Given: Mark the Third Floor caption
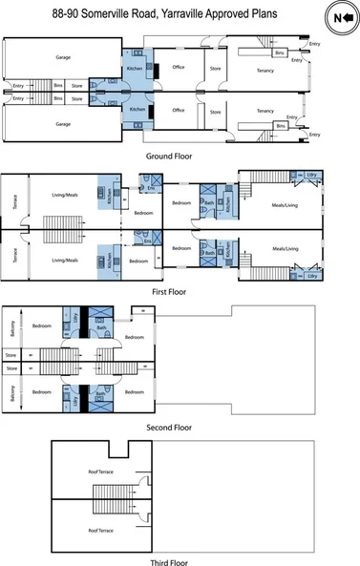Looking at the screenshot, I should click(166, 563).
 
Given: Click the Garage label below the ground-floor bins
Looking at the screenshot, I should click(63, 124).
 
